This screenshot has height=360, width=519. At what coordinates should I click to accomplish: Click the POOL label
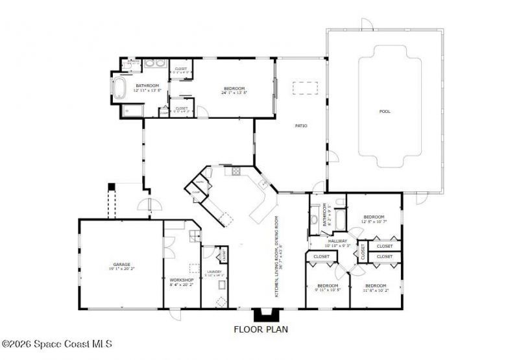point(385,112)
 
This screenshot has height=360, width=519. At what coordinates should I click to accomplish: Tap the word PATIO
point(301,125)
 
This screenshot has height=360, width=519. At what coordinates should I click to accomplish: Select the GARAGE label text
point(121,264)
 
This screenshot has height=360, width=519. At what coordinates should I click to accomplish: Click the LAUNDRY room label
point(214,271)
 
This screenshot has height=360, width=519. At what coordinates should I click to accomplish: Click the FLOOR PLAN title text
point(261,329)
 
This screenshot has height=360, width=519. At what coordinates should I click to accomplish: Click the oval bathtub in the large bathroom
point(121,88)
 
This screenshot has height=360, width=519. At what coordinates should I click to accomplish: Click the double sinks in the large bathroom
point(154,65)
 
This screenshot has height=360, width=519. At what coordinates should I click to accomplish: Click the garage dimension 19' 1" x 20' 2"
point(121,269)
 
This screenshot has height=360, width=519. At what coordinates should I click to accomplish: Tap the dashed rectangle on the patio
point(305,88)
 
